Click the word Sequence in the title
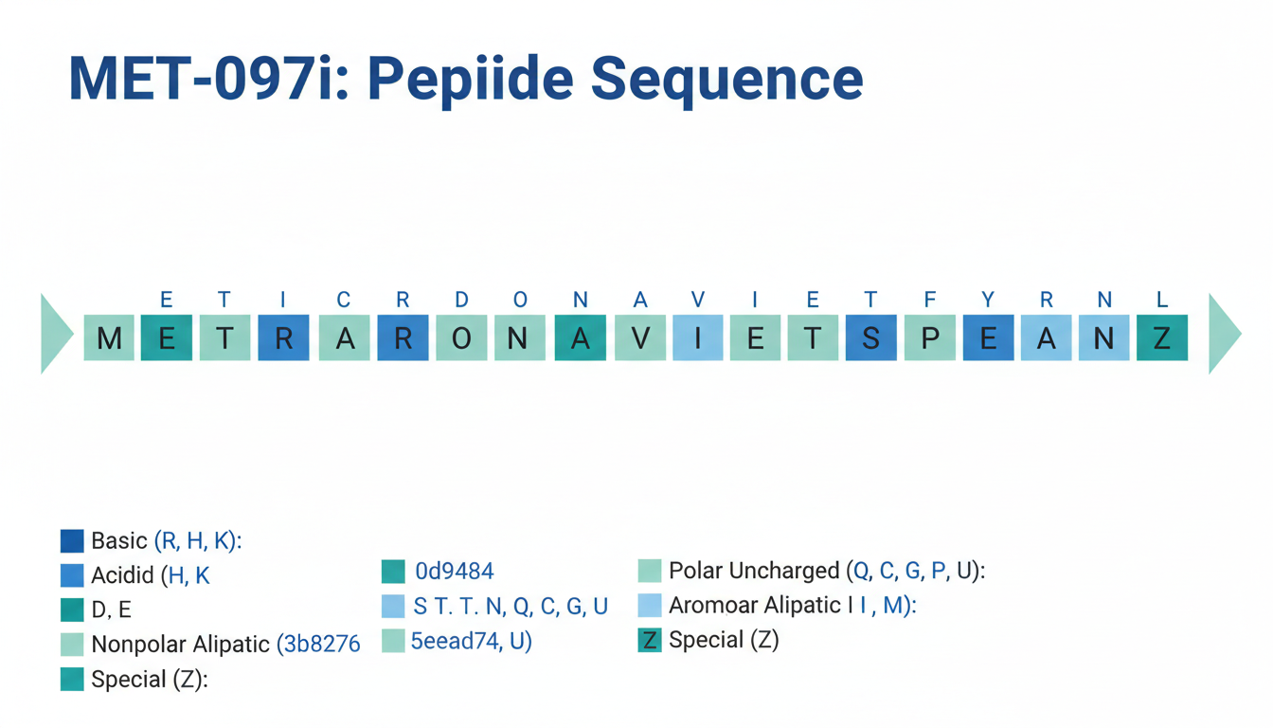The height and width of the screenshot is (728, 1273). [x=726, y=80]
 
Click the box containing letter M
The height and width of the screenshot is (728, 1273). [x=109, y=337]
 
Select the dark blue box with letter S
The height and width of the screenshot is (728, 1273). [x=871, y=337]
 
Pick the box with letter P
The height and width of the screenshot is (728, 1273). [x=930, y=337]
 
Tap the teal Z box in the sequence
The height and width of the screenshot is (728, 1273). [x=1162, y=337]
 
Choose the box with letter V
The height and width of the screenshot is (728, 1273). [x=640, y=337]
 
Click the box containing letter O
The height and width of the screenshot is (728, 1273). [x=461, y=337]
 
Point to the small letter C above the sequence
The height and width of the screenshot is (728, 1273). [x=343, y=300]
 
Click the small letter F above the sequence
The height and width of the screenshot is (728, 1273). [x=930, y=300]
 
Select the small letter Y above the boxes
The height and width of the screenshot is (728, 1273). [x=988, y=300]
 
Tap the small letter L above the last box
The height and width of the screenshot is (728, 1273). [x=1162, y=300]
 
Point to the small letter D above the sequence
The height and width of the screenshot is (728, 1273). [x=461, y=300]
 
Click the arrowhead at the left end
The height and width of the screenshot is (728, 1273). [x=56, y=334]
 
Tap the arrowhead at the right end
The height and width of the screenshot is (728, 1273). [x=1224, y=334]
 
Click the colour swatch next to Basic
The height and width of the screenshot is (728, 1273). [x=72, y=541]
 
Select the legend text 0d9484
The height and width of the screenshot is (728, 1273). [x=455, y=572]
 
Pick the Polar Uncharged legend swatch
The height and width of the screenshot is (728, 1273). [x=650, y=571]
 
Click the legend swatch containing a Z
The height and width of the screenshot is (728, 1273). [x=650, y=641]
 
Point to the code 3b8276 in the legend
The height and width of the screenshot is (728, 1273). [x=322, y=645]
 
